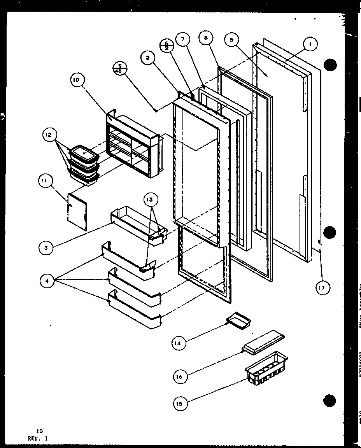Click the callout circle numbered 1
click(310, 45)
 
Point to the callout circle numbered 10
click(77, 80)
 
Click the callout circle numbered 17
click(322, 288)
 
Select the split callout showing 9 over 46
click(119, 68)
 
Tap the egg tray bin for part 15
click(266, 369)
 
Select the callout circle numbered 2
click(148, 59)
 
